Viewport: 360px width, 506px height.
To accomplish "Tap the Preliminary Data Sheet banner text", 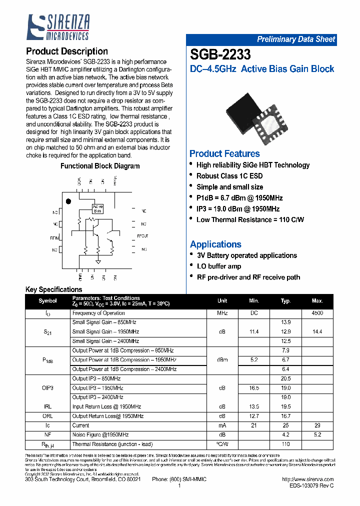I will [296, 39].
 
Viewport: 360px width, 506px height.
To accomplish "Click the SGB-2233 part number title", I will [220, 54].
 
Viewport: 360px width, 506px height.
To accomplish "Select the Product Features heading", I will [224, 153].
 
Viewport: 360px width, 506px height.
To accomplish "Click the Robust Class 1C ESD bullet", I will [229, 176].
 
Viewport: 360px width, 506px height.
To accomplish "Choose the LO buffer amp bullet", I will [219, 266].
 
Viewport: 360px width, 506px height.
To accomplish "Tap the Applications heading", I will [215, 244].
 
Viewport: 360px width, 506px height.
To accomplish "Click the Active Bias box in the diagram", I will [97, 208].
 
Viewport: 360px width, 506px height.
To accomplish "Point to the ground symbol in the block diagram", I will [98, 261].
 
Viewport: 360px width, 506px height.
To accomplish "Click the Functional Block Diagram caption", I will [100, 166].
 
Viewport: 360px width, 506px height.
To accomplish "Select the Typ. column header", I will [285, 301].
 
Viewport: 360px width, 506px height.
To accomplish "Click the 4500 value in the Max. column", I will [317, 313].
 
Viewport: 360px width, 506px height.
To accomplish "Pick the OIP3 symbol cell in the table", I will [48, 388].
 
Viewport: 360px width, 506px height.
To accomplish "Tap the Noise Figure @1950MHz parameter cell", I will [100, 434].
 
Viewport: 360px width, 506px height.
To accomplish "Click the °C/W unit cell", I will [222, 444].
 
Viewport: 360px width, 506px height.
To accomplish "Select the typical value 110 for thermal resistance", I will [285, 444].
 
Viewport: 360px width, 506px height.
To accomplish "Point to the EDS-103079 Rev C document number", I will [311, 485].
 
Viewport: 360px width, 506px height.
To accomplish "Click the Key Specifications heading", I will [53, 289].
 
